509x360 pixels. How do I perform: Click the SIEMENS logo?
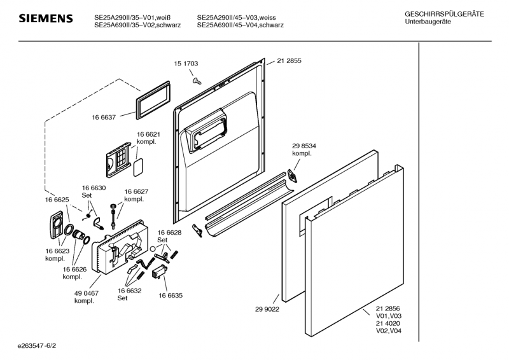point(45,19)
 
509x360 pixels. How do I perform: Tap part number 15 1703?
point(186,64)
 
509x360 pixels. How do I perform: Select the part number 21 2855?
point(289,61)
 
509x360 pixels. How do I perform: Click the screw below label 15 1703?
point(197,80)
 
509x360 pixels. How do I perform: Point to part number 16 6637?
point(104,117)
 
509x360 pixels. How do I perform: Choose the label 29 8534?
point(304,146)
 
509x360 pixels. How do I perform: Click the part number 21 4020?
point(387,323)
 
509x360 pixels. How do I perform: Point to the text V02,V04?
point(387,331)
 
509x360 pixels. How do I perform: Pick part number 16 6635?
point(171,296)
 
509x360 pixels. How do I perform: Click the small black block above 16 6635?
point(160,272)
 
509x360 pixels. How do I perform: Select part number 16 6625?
point(57,200)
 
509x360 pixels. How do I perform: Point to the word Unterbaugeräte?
point(427,22)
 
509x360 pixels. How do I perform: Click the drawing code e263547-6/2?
point(38,345)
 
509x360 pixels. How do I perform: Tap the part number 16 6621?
point(148,134)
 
